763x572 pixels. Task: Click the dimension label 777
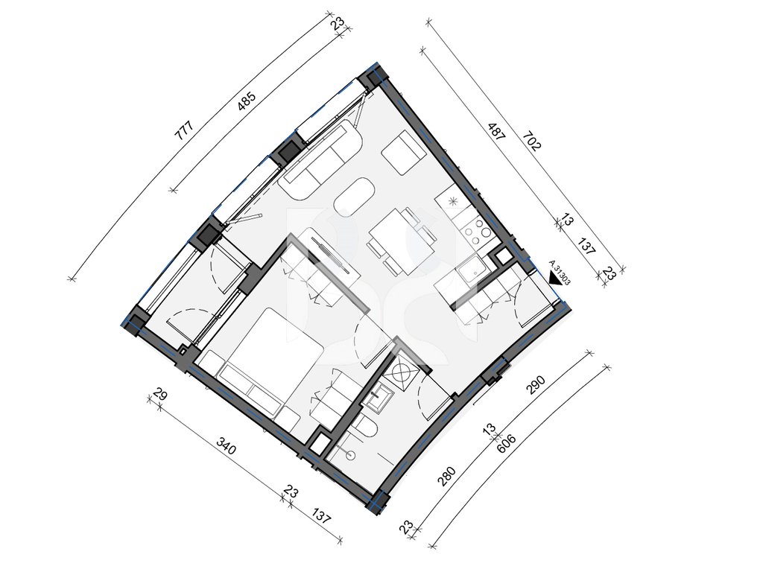tap(185, 130)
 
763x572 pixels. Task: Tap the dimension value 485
tap(247, 102)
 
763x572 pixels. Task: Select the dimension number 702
tap(531, 141)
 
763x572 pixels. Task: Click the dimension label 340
tap(226, 446)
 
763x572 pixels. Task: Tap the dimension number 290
tap(535, 385)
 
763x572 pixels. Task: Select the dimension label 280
tap(447, 476)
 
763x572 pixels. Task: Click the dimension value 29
tap(160, 395)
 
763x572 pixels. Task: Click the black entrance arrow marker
tap(554, 279)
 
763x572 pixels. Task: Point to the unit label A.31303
tap(560, 273)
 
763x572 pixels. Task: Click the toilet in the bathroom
tap(366, 428)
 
